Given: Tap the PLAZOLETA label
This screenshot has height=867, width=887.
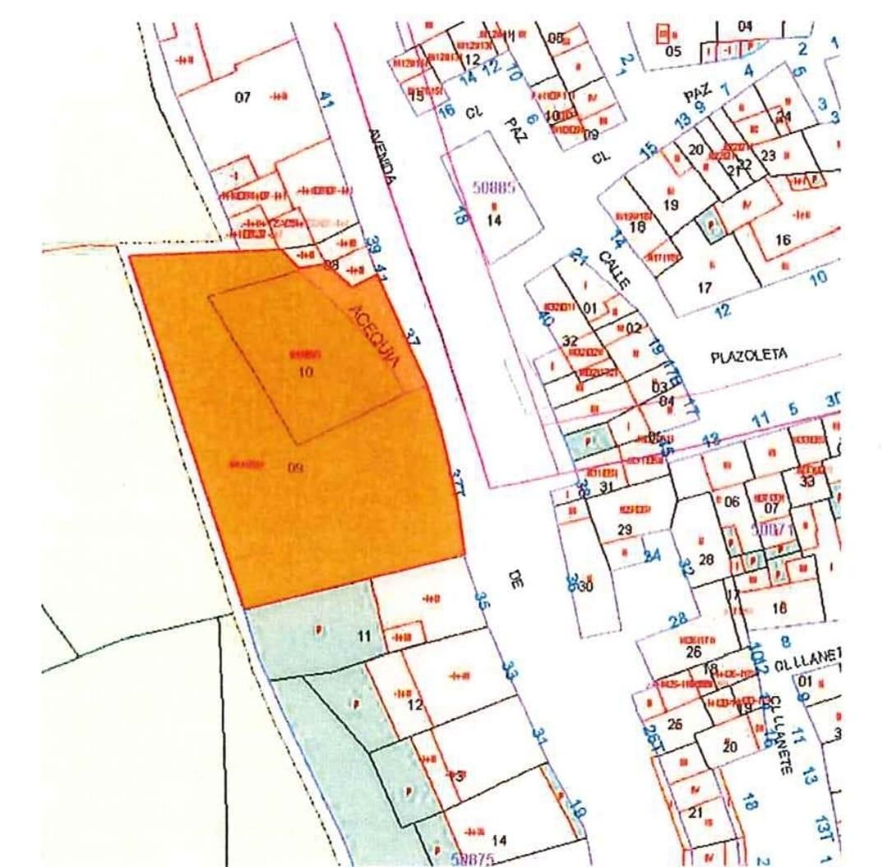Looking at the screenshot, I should (x=748, y=356).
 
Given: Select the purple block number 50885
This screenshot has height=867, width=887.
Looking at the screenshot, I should (x=493, y=187).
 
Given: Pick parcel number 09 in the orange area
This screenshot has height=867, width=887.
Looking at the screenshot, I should (x=296, y=468).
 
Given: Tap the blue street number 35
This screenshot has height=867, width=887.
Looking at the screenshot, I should (x=483, y=600).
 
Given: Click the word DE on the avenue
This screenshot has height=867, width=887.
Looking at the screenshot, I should (x=515, y=580).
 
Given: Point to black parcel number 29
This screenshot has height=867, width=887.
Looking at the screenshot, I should (x=625, y=530).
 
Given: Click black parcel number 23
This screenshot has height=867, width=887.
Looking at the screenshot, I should (x=769, y=155).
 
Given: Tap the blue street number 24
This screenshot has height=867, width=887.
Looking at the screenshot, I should (x=653, y=556).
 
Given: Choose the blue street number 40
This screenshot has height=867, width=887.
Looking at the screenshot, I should (x=544, y=317).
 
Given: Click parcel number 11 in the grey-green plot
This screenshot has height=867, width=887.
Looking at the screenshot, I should (x=364, y=635).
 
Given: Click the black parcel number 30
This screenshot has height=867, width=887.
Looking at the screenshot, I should (x=586, y=586).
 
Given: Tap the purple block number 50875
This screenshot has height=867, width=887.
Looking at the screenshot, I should (x=472, y=859).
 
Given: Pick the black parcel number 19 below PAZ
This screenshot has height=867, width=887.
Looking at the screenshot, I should (x=670, y=205).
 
